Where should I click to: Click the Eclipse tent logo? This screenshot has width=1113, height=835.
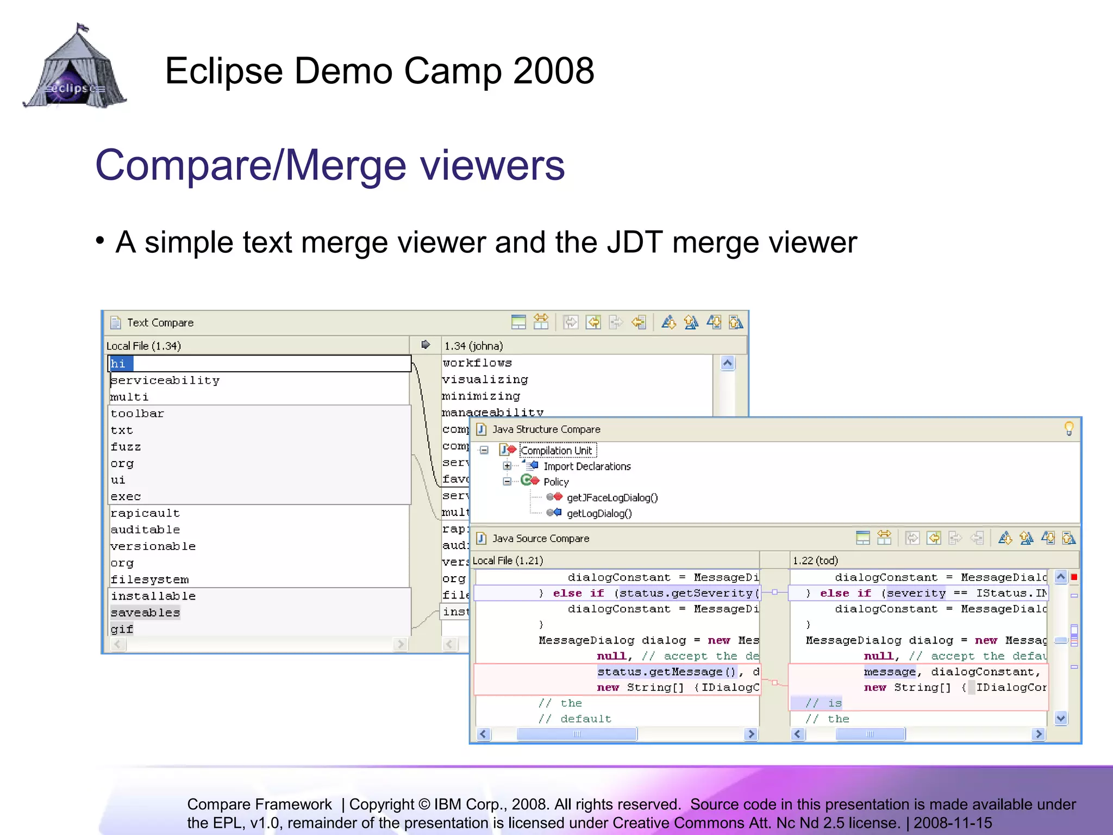pyautogui.click(x=75, y=68)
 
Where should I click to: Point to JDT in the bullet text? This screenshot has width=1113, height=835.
pyautogui.click(x=634, y=242)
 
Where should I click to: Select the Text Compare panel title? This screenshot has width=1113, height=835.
pyautogui.click(x=160, y=323)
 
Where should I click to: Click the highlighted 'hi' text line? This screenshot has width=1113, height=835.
pyautogui.click(x=118, y=364)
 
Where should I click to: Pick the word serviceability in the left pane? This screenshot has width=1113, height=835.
pyautogui.click(x=165, y=381)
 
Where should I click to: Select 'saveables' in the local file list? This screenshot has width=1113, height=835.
pyautogui.click(x=145, y=613)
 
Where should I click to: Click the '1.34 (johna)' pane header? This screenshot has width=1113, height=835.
pyautogui.click(x=473, y=346)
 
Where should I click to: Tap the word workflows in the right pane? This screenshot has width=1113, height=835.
pyautogui.click(x=477, y=363)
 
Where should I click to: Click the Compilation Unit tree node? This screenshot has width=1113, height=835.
pyautogui.click(x=556, y=451)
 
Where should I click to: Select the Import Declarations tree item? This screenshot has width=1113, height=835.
pyautogui.click(x=587, y=466)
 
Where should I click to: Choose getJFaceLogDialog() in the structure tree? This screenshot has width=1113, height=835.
pyautogui.click(x=612, y=498)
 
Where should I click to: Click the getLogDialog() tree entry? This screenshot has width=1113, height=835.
pyautogui.click(x=599, y=514)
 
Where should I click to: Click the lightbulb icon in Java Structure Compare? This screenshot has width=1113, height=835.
pyautogui.click(x=1068, y=429)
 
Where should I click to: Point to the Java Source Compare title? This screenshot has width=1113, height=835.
pyautogui.click(x=540, y=539)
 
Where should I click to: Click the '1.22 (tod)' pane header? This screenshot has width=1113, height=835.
pyautogui.click(x=815, y=560)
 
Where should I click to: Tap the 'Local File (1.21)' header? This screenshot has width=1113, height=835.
pyautogui.click(x=508, y=560)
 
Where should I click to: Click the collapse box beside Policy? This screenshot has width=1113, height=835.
pyautogui.click(x=507, y=482)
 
